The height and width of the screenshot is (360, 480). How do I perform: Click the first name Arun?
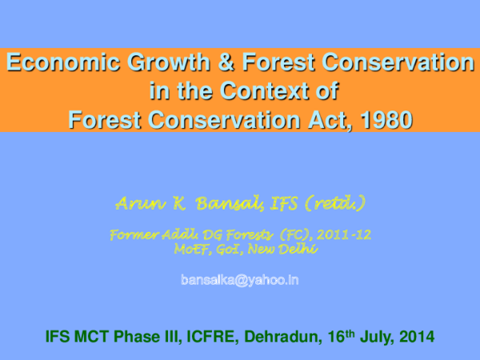click(x=135, y=204)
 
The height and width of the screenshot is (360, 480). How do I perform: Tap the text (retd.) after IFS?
click(x=334, y=204)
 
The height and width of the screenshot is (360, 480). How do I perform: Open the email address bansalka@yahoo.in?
click(x=240, y=280)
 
